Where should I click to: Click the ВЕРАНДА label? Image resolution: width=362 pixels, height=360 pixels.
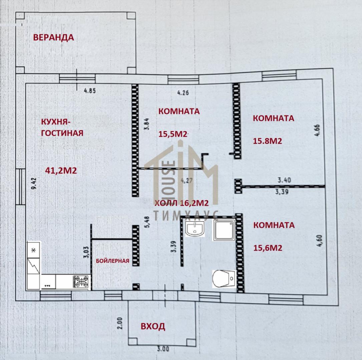(54, 37)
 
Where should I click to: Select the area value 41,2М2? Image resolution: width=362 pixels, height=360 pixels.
(61, 171)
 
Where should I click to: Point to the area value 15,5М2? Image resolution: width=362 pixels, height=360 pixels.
(173, 134)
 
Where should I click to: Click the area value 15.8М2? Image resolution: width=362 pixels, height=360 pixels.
(267, 141)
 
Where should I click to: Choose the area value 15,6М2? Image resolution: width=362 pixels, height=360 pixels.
(268, 248)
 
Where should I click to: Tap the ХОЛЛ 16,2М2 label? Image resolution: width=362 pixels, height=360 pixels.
(182, 203)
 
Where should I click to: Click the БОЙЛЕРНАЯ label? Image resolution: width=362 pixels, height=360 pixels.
(112, 261)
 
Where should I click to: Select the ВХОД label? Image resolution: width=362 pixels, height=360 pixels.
(153, 326)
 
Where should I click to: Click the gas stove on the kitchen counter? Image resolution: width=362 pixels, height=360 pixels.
(80, 281)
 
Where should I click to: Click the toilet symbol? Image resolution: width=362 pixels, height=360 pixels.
(224, 279)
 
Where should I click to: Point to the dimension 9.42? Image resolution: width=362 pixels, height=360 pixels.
(34, 183)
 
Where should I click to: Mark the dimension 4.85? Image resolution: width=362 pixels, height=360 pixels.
(90, 91)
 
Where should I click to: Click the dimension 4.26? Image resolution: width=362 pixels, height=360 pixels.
(183, 93)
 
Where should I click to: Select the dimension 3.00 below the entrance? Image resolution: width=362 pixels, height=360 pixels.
(163, 349)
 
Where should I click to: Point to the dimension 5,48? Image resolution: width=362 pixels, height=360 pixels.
(147, 222)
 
